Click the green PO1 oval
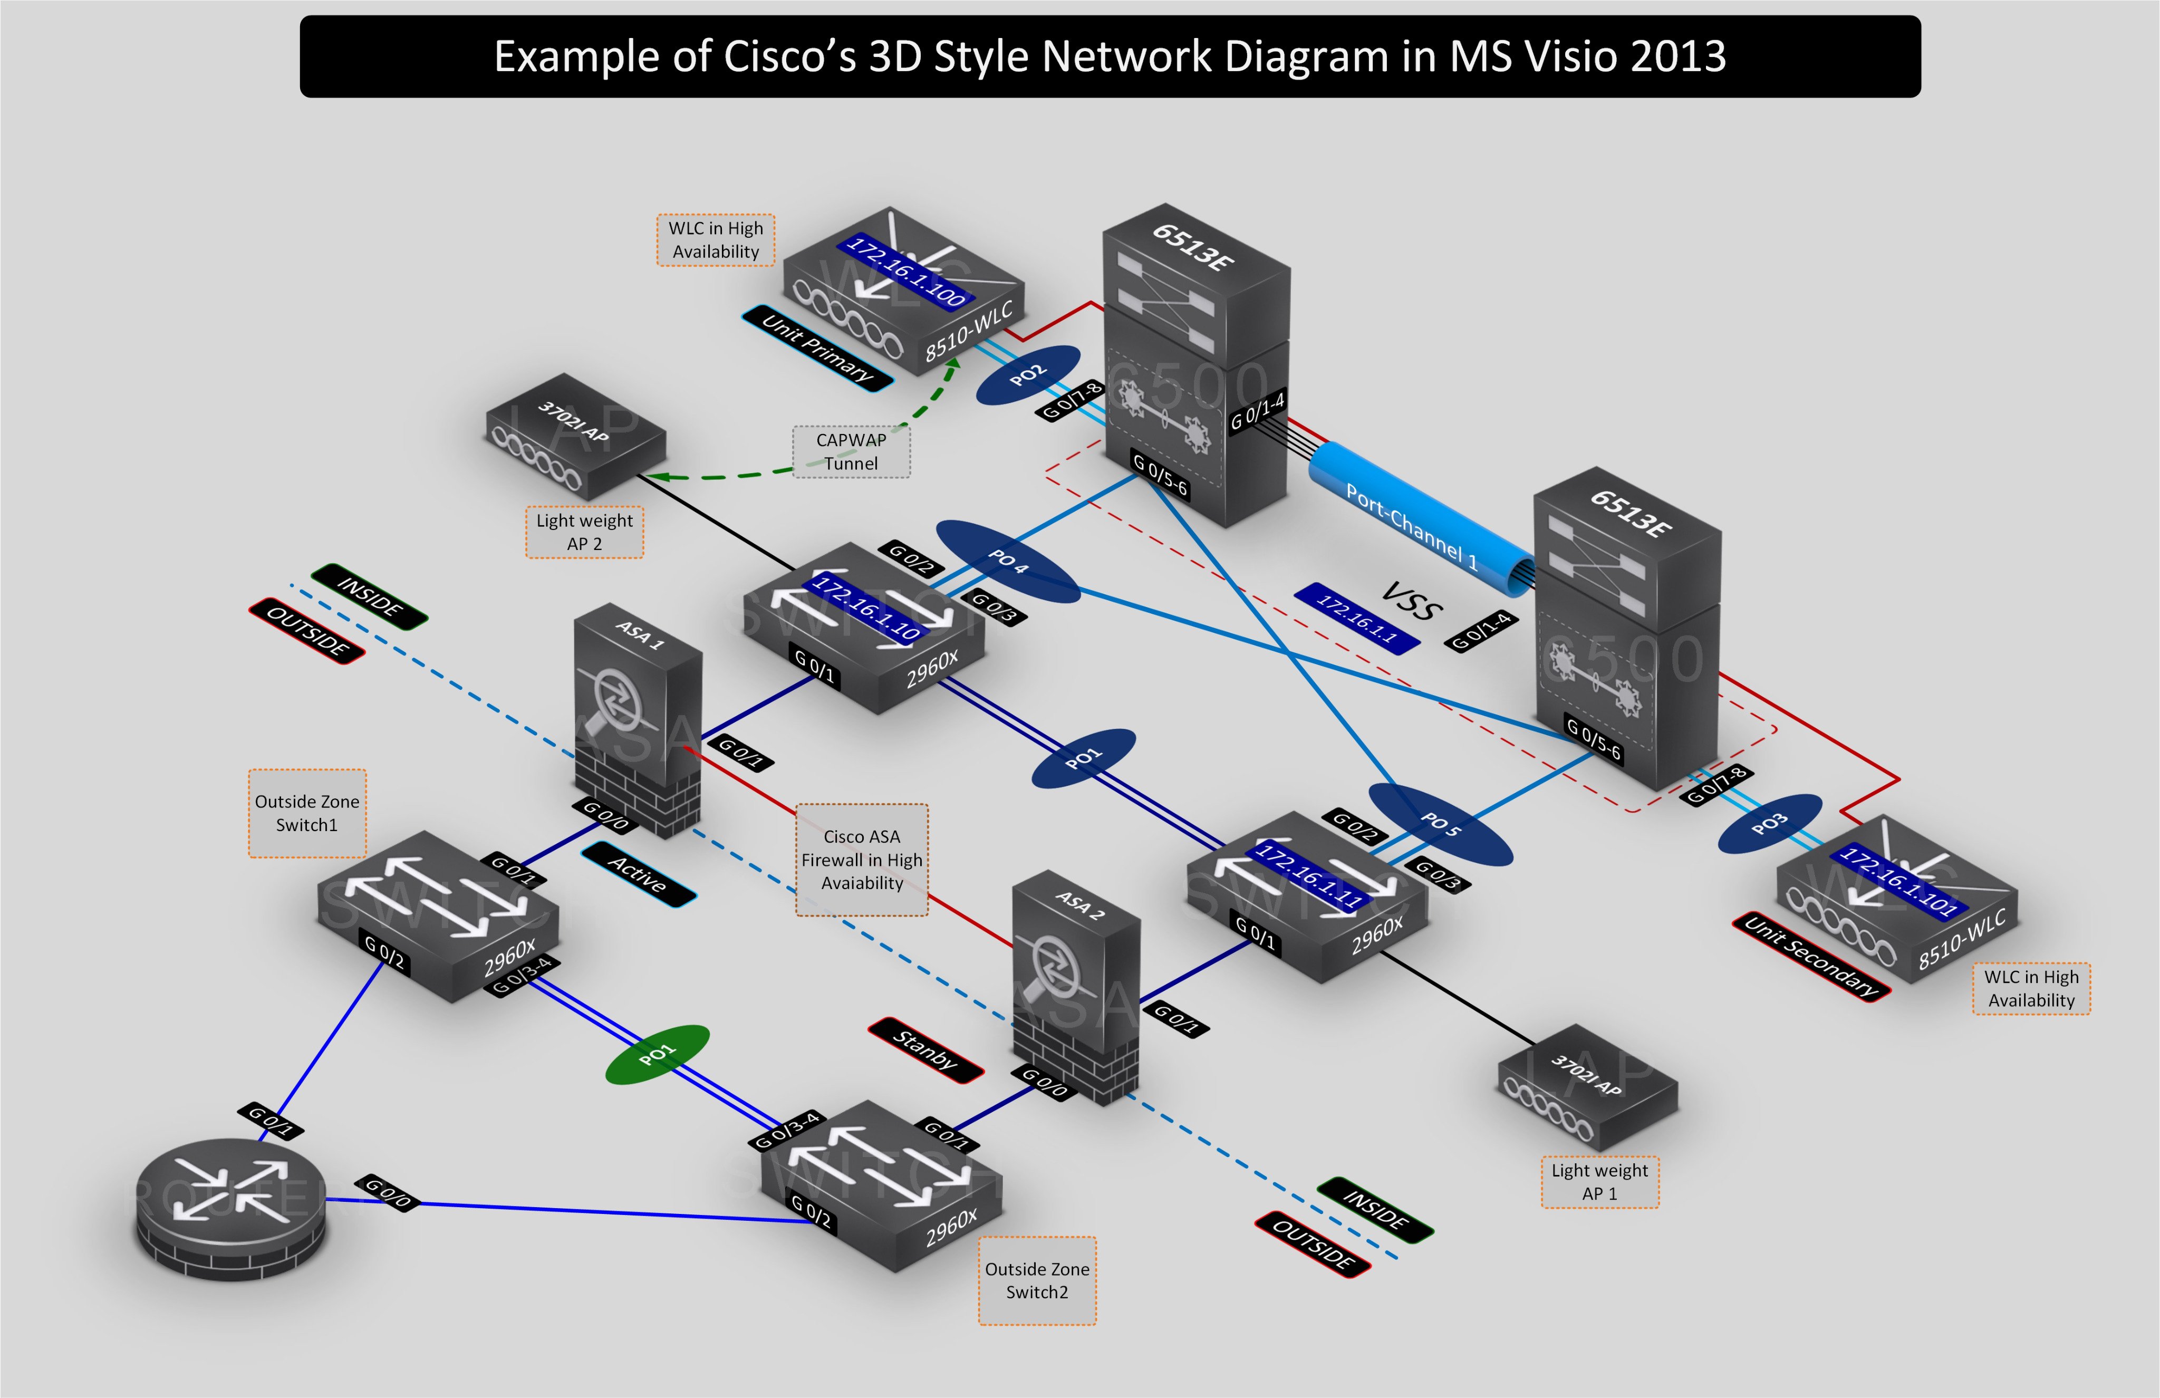click(657, 1054)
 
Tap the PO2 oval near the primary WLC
click(1027, 375)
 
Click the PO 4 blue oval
click(1007, 561)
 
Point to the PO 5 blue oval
click(1440, 824)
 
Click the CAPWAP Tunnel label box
click(851, 451)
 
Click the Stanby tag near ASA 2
click(925, 1050)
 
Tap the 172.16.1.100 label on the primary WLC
click(905, 271)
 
